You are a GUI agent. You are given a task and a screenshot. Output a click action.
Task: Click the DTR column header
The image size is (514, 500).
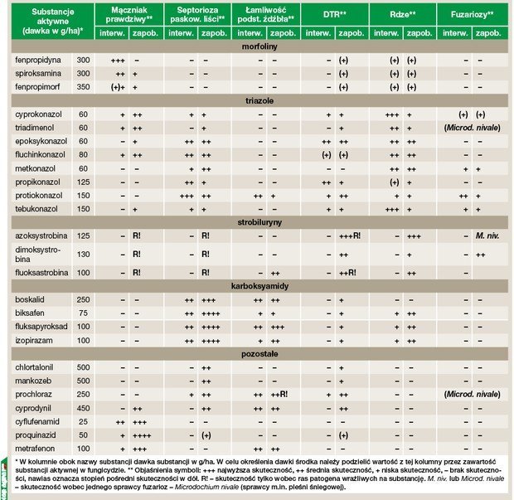pyautogui.click(x=336, y=15)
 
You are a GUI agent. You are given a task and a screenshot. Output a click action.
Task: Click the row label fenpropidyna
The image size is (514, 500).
pyautogui.click(x=37, y=61)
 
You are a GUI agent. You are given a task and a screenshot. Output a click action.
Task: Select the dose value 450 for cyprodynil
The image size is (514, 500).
pyautogui.click(x=83, y=407)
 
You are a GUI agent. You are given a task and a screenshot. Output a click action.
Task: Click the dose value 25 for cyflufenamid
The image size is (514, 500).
pyautogui.click(x=83, y=420)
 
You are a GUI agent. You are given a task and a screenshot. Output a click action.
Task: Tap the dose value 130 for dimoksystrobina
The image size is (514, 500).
pyautogui.click(x=83, y=255)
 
